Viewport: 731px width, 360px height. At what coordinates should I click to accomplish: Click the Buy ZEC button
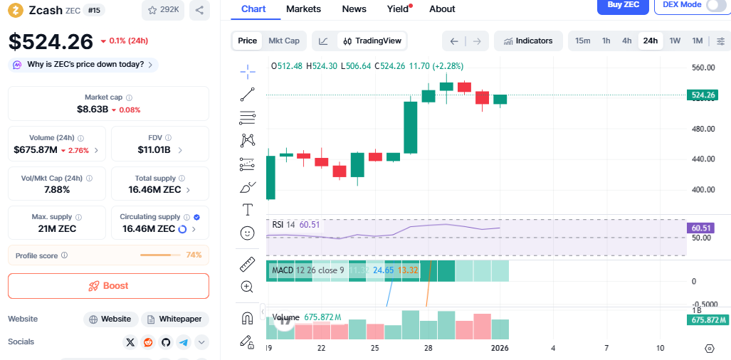[623, 5]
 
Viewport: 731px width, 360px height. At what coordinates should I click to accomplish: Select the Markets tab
[303, 9]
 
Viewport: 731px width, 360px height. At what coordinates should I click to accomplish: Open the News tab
[354, 9]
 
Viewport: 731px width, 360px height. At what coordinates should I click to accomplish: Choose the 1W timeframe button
[675, 41]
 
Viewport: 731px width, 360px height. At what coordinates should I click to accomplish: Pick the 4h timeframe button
[626, 41]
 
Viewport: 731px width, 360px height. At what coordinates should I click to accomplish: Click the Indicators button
[527, 41]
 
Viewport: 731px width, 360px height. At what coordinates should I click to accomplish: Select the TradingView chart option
[372, 41]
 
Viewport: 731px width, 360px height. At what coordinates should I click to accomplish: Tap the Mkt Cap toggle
[283, 41]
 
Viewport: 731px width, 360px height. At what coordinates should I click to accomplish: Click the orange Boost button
[108, 285]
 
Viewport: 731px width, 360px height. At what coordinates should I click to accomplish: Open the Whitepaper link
[174, 319]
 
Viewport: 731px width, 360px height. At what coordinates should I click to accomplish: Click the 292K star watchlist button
[163, 10]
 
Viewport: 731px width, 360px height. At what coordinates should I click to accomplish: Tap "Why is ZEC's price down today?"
[83, 65]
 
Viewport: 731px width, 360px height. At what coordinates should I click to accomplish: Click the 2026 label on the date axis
[500, 348]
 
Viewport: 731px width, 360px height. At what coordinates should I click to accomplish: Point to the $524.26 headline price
[51, 41]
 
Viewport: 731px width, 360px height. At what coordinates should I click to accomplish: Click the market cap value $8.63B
[93, 110]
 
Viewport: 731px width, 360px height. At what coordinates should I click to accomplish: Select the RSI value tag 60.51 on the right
[703, 228]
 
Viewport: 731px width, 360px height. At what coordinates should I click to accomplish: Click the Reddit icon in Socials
[148, 342]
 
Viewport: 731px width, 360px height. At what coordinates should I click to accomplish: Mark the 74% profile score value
[194, 255]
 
